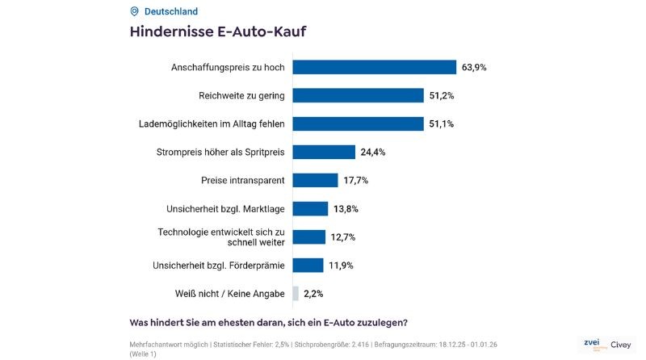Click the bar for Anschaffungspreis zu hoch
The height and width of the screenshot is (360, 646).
tap(374, 67)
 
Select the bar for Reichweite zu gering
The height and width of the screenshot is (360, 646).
tap(358, 95)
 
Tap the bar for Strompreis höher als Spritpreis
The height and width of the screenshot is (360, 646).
tap(324, 152)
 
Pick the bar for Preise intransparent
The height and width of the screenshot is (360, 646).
tap(315, 180)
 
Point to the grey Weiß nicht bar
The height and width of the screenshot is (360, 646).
tap(296, 293)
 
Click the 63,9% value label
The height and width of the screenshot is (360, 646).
tap(474, 67)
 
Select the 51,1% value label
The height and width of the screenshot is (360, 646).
tap(441, 123)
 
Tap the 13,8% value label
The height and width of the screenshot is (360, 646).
tap(346, 208)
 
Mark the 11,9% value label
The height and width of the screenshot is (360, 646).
tap(342, 265)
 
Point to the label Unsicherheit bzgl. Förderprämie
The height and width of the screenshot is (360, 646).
tap(218, 265)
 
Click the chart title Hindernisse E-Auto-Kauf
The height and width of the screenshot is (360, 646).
tap(218, 32)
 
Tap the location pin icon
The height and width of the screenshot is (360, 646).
tap(134, 11)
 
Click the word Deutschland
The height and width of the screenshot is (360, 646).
tap(170, 11)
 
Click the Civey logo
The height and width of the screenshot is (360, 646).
tap(620, 344)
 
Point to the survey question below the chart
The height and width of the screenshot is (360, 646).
tap(268, 323)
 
